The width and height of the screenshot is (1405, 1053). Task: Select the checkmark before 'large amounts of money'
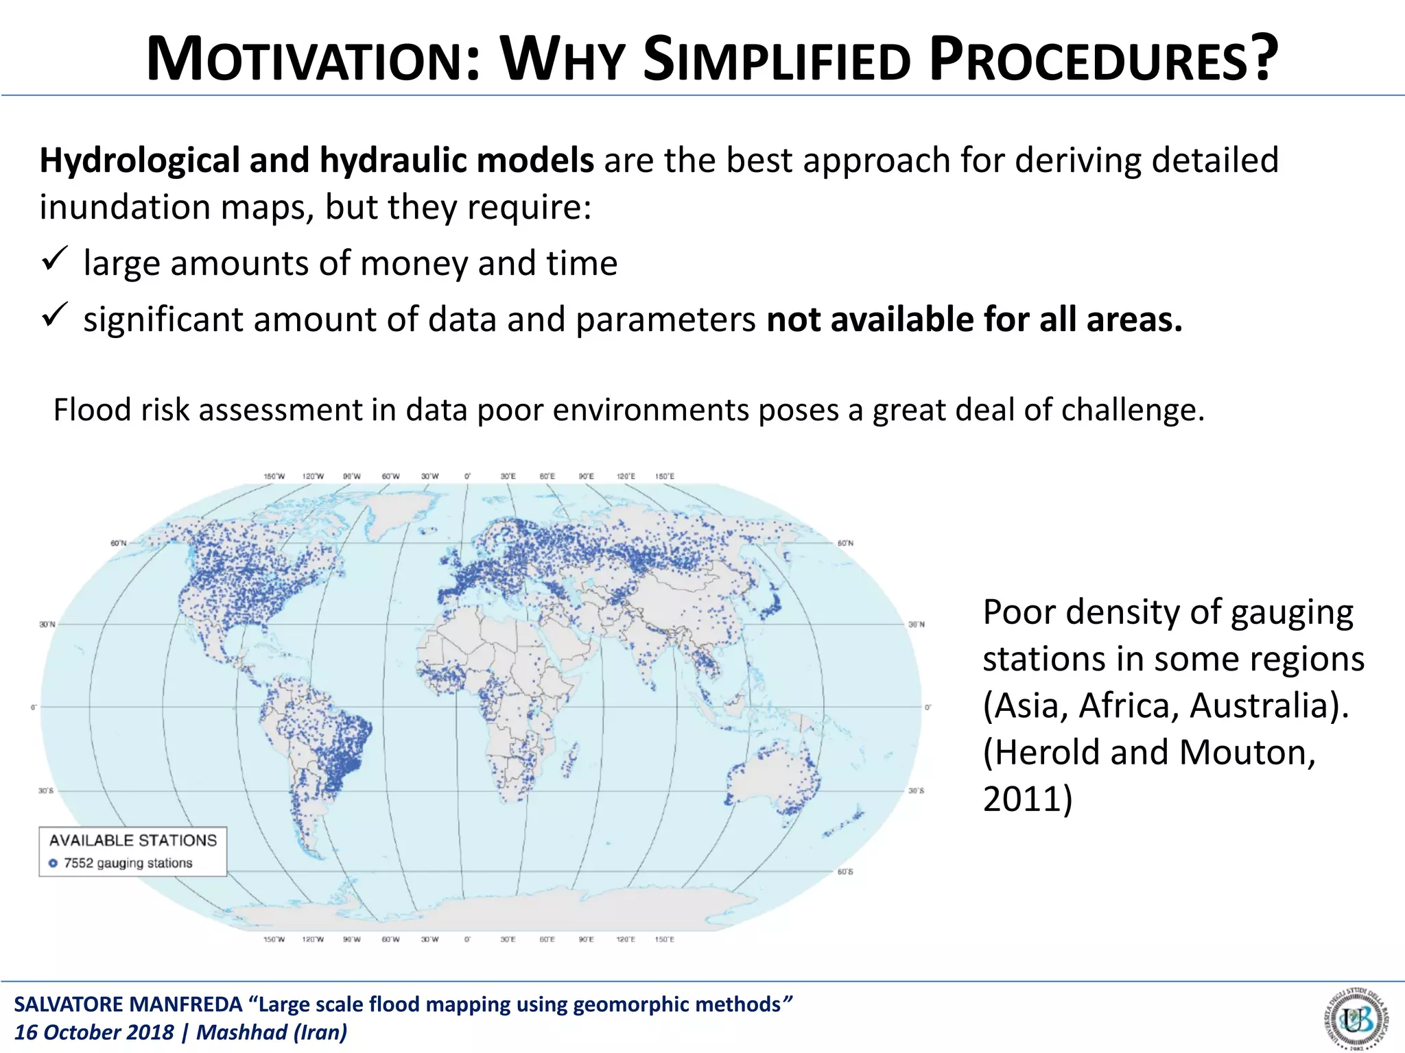coord(54,260)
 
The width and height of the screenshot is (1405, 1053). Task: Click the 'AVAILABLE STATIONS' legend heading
coord(133,840)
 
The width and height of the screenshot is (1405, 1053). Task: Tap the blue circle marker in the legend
coord(54,864)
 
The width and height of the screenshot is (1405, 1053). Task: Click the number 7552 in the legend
coord(78,864)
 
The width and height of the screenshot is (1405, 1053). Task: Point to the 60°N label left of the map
coord(119,543)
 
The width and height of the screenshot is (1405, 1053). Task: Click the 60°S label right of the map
coord(845,872)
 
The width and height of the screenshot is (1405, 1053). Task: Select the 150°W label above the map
coord(274,476)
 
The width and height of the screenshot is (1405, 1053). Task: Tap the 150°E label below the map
coord(664,939)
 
